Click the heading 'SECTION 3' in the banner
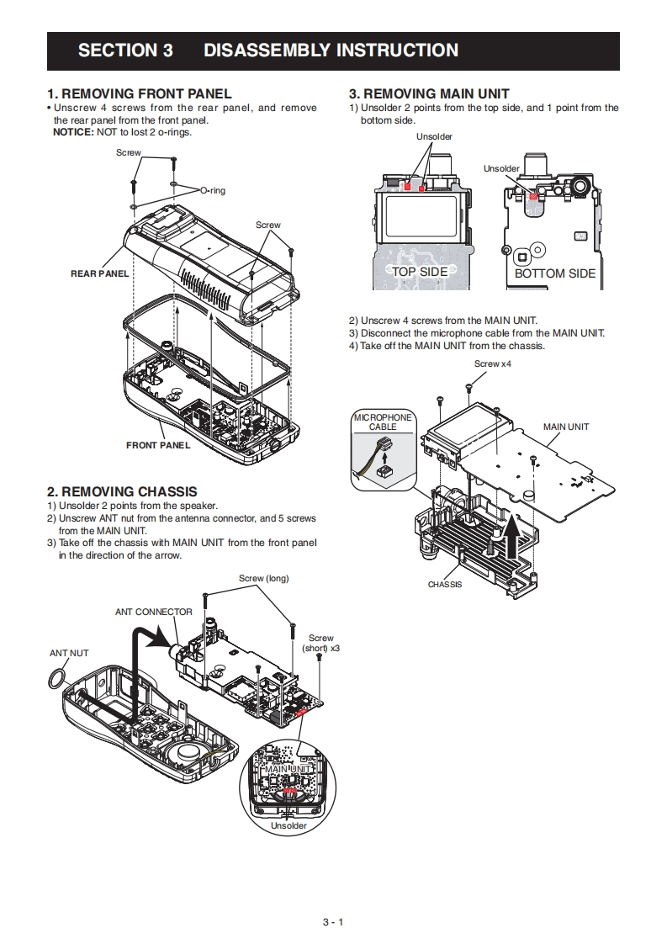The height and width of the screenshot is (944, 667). click(x=125, y=50)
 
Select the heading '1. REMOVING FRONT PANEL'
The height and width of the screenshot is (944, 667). click(x=139, y=94)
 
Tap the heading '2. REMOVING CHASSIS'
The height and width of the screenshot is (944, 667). click(x=122, y=492)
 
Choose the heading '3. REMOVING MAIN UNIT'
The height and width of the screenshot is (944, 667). click(x=429, y=94)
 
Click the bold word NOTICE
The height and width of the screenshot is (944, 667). click(x=73, y=132)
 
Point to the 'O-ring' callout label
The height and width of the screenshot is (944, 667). click(x=213, y=191)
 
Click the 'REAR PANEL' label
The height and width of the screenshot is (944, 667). click(x=100, y=274)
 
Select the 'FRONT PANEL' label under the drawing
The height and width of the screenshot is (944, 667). click(x=158, y=446)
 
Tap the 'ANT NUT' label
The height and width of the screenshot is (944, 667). click(x=69, y=653)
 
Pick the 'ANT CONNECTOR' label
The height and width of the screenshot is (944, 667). click(x=154, y=613)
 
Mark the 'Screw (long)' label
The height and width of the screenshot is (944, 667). click(x=263, y=579)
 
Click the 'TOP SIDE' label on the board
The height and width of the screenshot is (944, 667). click(x=420, y=272)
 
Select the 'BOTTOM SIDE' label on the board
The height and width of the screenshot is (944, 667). click(x=554, y=274)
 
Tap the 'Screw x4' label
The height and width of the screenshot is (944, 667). click(x=492, y=364)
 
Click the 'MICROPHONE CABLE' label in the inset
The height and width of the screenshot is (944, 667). click(x=383, y=422)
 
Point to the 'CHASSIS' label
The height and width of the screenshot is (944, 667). click(x=445, y=585)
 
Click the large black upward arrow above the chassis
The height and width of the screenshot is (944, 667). click(x=511, y=537)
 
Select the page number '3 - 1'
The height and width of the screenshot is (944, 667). click(x=333, y=922)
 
